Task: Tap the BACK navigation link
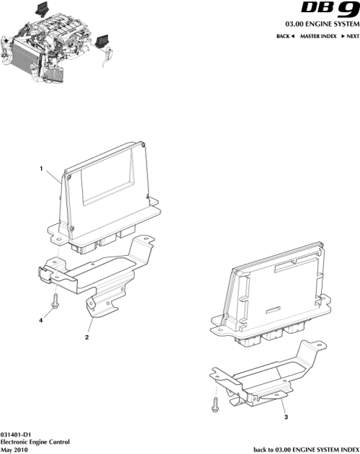pyautogui.click(x=286, y=35)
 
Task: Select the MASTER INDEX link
pyautogui.click(x=320, y=35)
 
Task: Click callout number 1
pyautogui.click(x=41, y=170)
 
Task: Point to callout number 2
pyautogui.click(x=87, y=337)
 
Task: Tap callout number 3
pyautogui.click(x=287, y=417)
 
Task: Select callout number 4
pyautogui.click(x=40, y=320)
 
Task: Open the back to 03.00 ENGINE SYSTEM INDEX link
pyautogui.click(x=306, y=448)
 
